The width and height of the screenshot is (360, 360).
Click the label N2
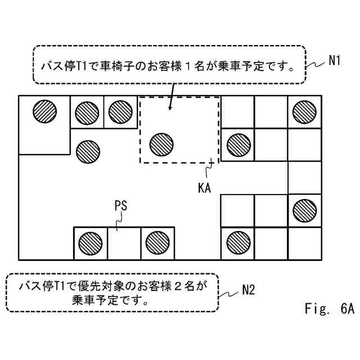point(249,290)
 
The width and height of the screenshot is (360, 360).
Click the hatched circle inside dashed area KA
point(161,144)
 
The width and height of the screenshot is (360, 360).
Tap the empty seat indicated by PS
point(123,243)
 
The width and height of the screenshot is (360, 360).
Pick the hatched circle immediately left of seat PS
point(89,242)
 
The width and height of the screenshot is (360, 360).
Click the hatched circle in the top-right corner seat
point(304,111)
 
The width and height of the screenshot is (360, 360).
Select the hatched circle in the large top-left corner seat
point(44,111)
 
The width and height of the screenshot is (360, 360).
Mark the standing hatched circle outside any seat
point(87,150)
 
